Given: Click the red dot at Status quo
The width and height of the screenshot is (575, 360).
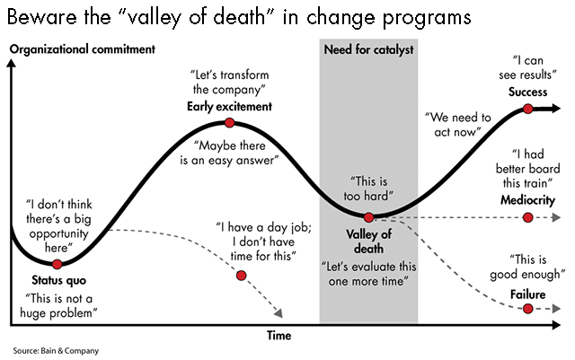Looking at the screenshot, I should tap(57, 264).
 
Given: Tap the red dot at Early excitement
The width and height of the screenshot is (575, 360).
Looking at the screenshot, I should tap(230, 122).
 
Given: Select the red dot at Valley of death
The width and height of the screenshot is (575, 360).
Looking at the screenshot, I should tap(368, 216).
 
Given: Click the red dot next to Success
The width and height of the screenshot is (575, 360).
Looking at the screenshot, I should tap(528, 109).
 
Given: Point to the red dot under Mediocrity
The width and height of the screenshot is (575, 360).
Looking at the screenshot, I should tap(528, 217).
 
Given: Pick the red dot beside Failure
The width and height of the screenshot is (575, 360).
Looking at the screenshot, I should tap(528, 309).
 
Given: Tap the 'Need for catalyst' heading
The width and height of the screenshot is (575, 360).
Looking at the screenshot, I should tap(368, 49).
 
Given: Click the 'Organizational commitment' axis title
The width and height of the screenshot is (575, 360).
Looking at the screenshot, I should tap(81, 50).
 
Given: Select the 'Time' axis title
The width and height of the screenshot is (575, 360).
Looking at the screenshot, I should tap(279, 335).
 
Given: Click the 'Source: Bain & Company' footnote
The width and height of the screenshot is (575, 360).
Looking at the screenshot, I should tap(56, 350).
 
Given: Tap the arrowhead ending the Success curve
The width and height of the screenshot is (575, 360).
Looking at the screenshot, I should tap(557, 109).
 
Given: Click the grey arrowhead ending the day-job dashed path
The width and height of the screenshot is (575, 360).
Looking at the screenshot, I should tap(279, 314).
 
